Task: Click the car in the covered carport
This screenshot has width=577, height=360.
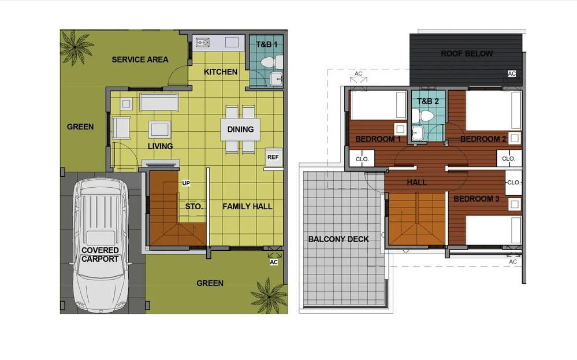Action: click(x=100, y=245)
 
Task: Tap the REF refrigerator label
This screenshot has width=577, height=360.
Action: click(x=273, y=157)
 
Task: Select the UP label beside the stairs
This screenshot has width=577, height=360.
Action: click(x=186, y=183)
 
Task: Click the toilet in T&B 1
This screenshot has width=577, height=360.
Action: click(x=272, y=62)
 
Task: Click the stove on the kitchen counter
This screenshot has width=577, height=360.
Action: click(x=203, y=43)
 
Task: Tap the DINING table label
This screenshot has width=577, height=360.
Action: click(x=240, y=129)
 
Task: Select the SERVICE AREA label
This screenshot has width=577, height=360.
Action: click(x=140, y=60)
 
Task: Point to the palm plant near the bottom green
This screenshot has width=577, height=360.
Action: click(x=269, y=296)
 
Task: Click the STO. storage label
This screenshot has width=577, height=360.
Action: click(x=194, y=206)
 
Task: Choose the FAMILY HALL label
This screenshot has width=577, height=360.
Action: click(x=247, y=206)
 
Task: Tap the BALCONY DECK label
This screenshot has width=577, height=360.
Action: click(x=338, y=239)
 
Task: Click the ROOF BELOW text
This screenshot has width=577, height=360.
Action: click(x=467, y=54)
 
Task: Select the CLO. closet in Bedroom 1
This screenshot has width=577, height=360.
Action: click(x=362, y=159)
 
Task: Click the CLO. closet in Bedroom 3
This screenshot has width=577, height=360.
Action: click(x=513, y=183)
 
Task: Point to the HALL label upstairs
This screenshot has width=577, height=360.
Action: click(x=416, y=182)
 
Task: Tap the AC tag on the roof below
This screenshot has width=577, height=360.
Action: click(x=512, y=73)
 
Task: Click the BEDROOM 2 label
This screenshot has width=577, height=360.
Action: click(x=483, y=139)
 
